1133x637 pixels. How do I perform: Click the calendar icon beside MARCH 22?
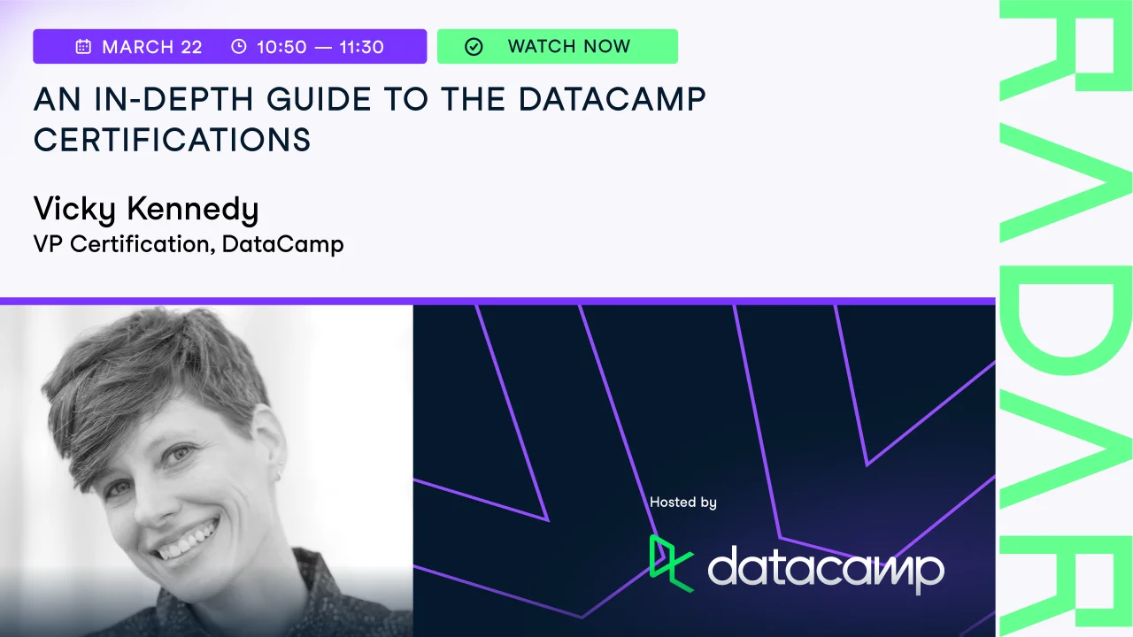point(83,47)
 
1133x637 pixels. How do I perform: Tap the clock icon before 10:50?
point(239,47)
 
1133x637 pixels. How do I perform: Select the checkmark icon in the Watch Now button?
point(474,47)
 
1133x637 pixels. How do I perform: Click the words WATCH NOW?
point(569,47)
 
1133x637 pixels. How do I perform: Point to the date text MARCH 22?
point(152,47)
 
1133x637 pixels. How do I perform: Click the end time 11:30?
point(361,47)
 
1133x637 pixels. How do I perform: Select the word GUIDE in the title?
point(320,99)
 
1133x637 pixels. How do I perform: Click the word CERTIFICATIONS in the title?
point(172,140)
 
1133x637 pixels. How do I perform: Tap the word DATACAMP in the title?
point(612,99)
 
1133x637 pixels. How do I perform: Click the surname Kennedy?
point(193,209)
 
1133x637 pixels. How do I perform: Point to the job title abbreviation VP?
point(48,244)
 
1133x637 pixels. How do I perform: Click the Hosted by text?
point(682,503)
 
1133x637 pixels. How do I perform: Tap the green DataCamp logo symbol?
point(671,564)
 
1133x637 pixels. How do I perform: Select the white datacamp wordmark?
point(826,570)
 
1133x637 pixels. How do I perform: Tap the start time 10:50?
point(281,47)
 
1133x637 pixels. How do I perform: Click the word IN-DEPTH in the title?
point(173,99)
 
